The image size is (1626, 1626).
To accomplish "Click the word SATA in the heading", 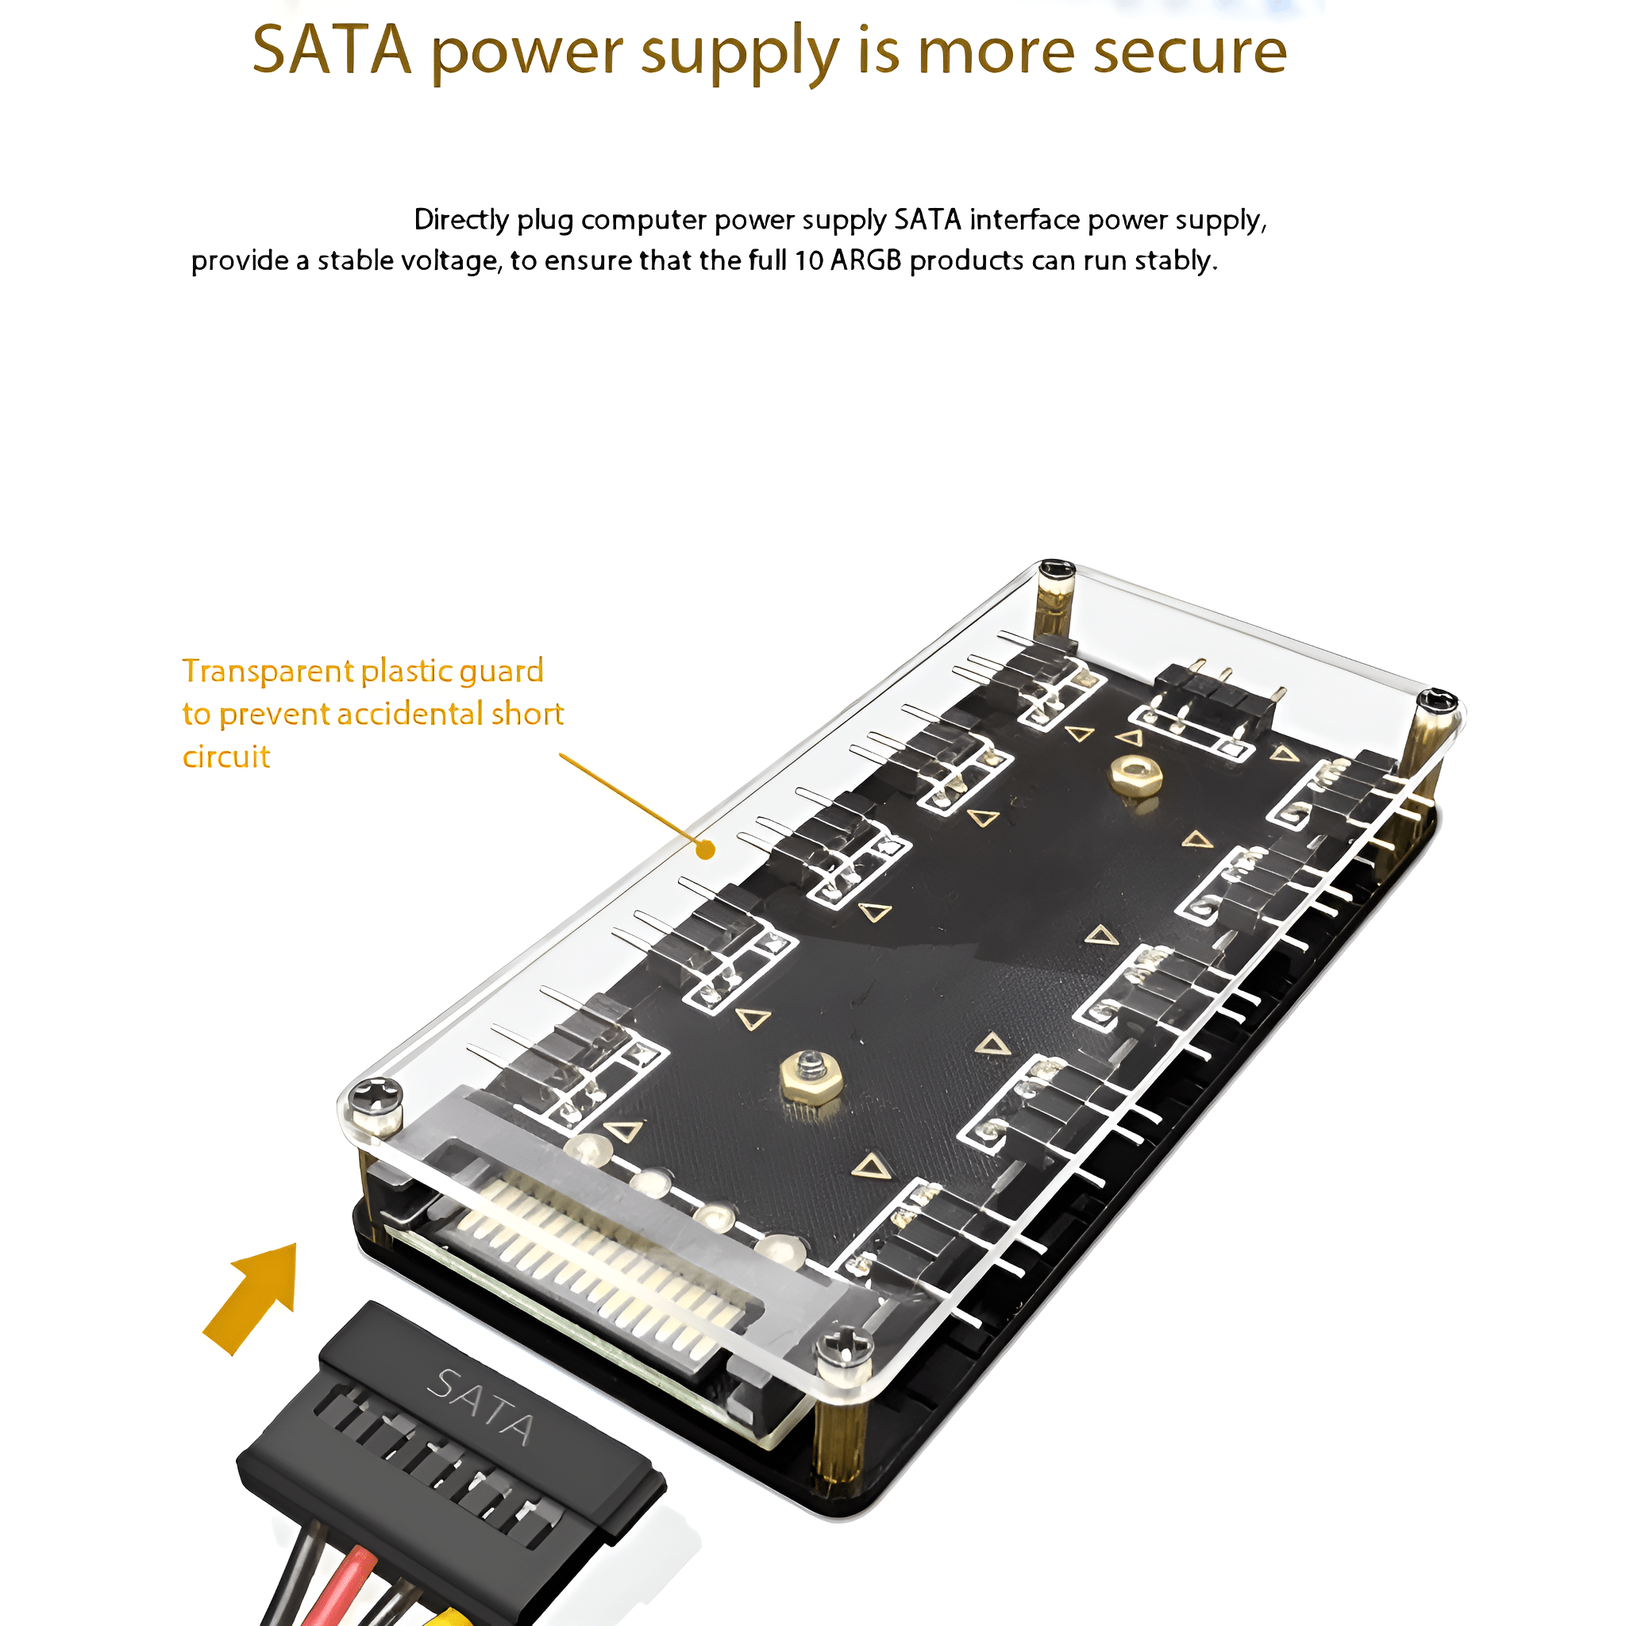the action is click(332, 51).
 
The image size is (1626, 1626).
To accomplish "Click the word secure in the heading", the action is click(1190, 52).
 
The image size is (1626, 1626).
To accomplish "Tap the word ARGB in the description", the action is click(866, 260).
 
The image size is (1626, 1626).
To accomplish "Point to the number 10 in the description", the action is click(809, 261).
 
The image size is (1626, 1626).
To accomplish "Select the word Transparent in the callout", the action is click(268, 671).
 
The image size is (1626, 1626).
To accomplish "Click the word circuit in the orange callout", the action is click(226, 757).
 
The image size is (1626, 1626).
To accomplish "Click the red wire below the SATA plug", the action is click(333, 1586).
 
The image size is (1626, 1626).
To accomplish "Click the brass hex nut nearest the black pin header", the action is click(1135, 775).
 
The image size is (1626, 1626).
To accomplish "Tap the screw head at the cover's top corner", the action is click(1057, 571).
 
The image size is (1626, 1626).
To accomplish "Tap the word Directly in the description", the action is click(462, 221).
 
